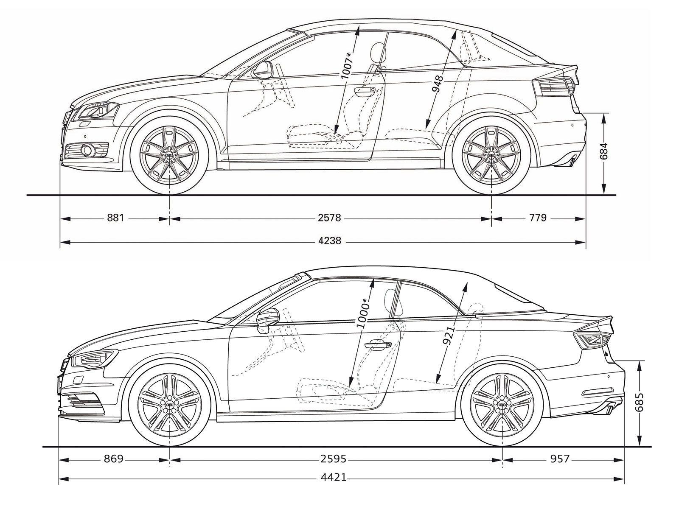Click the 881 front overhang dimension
coord(115,218)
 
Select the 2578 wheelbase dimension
coord(329,218)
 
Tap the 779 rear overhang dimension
coord(538,218)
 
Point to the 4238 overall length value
coord(330,241)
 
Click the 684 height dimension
coord(604,151)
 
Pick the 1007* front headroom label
coord(347,65)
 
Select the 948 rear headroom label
coord(438,84)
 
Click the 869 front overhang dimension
coord(114,459)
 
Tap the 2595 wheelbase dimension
coord(333,459)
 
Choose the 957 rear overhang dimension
coord(560,459)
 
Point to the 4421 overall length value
coord(333,478)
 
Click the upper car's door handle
coord(365,90)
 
